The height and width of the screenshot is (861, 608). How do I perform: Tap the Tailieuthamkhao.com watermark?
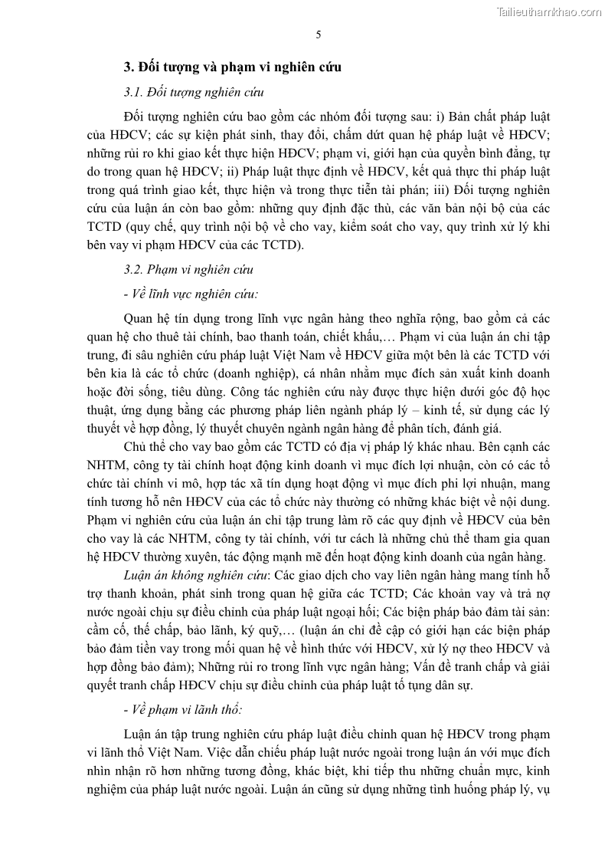pos(549,12)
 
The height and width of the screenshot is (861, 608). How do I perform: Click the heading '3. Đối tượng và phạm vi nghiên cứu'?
pos(233,67)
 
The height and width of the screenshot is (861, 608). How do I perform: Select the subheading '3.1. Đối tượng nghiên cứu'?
pos(194,93)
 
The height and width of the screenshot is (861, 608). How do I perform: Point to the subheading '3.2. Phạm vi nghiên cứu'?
pos(188,270)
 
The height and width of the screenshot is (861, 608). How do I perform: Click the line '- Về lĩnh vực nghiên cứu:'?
pos(191,294)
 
